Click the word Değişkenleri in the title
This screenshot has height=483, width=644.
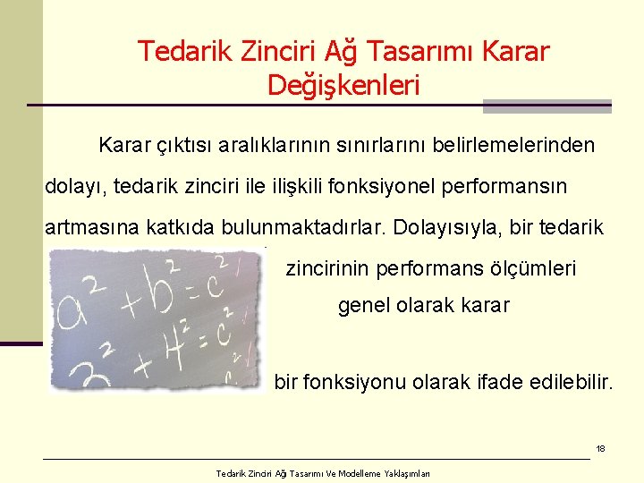pyautogui.click(x=343, y=86)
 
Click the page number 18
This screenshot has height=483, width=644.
pyautogui.click(x=601, y=448)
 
